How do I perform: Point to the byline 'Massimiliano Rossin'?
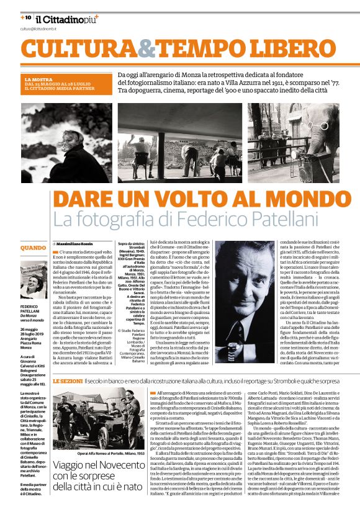(x=74, y=245)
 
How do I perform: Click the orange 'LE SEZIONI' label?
(x=65, y=379)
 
